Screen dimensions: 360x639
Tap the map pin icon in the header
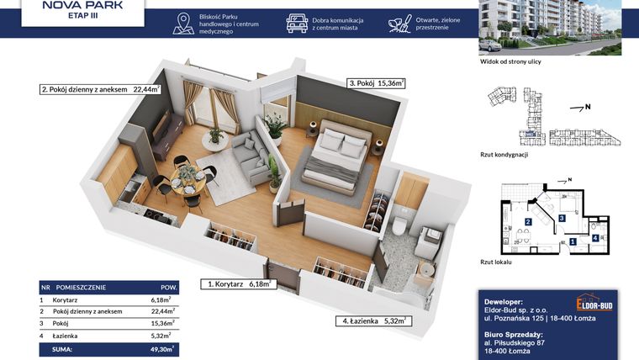tap(183, 24)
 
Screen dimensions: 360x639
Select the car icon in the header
tap(297, 23)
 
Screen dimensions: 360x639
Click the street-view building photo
tap(550, 28)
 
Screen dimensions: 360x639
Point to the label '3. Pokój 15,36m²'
tap(376, 83)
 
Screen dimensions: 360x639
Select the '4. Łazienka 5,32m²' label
tap(374, 320)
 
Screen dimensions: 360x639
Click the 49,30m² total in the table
tap(162, 347)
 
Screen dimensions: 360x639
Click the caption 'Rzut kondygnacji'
tap(504, 155)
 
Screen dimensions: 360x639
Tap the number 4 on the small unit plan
tap(595, 237)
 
